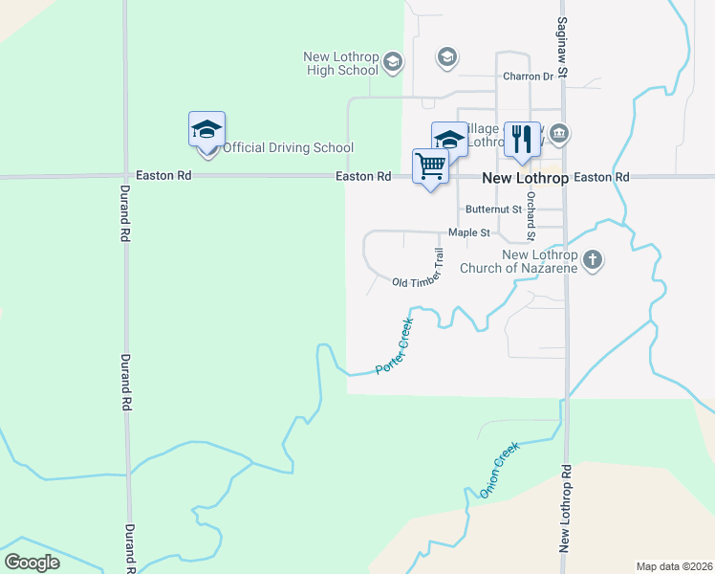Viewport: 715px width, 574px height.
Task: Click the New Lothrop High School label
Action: pyautogui.click(x=341, y=63)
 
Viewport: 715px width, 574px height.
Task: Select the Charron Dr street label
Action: pyautogui.click(x=529, y=77)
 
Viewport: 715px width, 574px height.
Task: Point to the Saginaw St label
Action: pyautogui.click(x=563, y=47)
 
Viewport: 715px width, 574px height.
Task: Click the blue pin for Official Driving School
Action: pyautogui.click(x=206, y=130)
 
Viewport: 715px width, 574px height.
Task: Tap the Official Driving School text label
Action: pyautogui.click(x=288, y=147)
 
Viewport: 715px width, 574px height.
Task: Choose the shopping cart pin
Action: pyautogui.click(x=430, y=167)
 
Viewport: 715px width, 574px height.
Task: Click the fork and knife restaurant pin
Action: pyautogui.click(x=521, y=140)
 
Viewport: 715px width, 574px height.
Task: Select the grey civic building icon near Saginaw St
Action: pyautogui.click(x=560, y=134)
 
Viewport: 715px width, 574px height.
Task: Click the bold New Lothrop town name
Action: pyautogui.click(x=525, y=178)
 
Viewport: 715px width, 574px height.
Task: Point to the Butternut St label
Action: pyautogui.click(x=493, y=209)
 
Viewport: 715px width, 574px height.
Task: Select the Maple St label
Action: pyautogui.click(x=469, y=232)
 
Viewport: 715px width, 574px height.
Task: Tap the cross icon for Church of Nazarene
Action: pyautogui.click(x=593, y=259)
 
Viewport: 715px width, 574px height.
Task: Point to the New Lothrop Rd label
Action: pyautogui.click(x=566, y=508)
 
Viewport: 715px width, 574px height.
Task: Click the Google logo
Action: pyautogui.click(x=32, y=563)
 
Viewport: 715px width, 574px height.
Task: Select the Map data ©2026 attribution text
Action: pyautogui.click(x=673, y=566)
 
